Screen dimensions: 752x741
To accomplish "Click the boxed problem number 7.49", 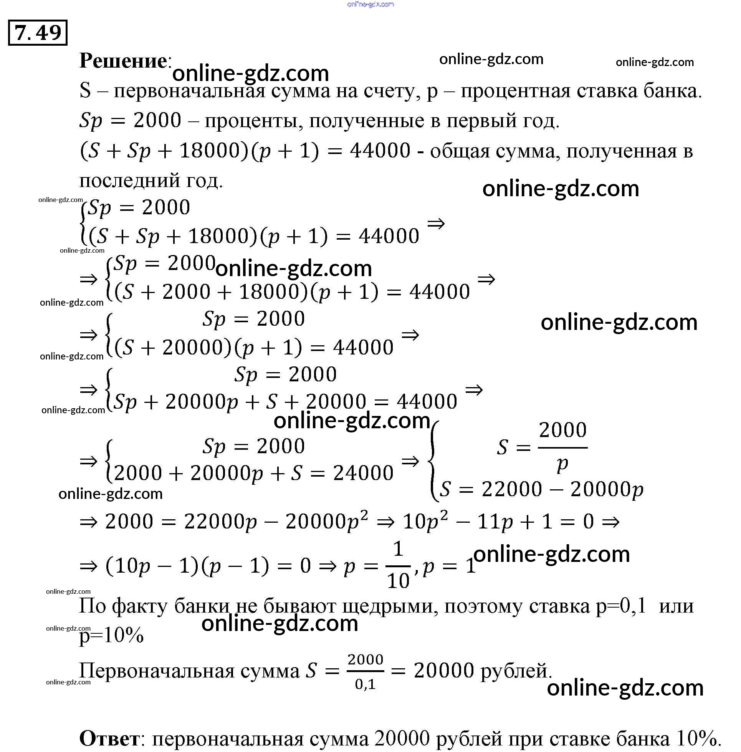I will pyautogui.click(x=38, y=33).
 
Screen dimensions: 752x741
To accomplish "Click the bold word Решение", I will pyautogui.click(x=123, y=61).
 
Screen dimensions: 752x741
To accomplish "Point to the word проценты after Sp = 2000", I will pyautogui.click(x=255, y=121).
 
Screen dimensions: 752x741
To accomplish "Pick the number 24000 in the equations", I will pyautogui.click(x=363, y=473).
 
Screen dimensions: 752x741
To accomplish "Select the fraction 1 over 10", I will pyautogui.click(x=398, y=566).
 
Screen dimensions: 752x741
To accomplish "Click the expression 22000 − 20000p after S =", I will pyautogui.click(x=562, y=490).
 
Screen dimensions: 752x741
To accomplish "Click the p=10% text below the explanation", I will pyautogui.click(x=111, y=636).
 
